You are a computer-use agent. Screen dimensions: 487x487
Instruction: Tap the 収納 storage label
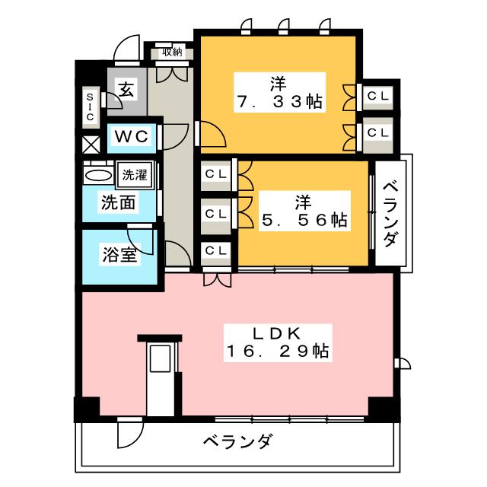tap(172, 53)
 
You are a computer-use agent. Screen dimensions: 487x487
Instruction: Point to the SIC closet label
tap(89, 107)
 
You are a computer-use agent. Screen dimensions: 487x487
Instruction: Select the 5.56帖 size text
tap(304, 220)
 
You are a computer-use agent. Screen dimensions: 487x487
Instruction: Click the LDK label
tap(275, 333)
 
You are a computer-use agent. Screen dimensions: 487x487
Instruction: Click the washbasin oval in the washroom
tap(97, 175)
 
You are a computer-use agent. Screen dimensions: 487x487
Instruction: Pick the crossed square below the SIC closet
tap(90, 144)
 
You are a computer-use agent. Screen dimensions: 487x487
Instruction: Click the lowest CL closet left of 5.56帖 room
tap(216, 250)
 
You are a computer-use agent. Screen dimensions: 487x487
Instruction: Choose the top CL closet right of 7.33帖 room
tap(378, 96)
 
